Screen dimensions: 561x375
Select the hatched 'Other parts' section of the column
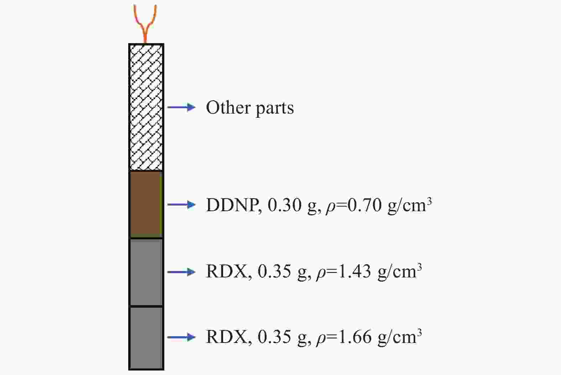[146, 108]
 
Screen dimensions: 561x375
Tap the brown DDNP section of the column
[146, 204]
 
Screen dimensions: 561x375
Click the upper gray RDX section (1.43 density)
[146, 272]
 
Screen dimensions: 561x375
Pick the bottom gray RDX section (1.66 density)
[146, 338]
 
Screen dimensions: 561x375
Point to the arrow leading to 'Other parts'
[181, 107]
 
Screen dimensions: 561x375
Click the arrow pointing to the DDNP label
[181, 204]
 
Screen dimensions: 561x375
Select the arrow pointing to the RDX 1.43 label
[181, 272]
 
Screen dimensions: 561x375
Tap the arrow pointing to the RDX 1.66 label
[181, 337]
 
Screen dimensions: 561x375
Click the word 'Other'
[228, 108]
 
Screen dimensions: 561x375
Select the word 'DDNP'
[233, 205]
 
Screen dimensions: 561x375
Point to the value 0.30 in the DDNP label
[285, 205]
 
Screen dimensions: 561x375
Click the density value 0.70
[365, 205]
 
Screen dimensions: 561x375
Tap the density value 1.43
[354, 272]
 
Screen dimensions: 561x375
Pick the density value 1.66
[354, 337]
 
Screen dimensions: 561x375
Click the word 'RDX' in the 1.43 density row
[227, 272]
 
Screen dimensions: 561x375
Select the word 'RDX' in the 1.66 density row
[227, 337]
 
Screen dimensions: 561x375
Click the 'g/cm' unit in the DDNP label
[407, 206]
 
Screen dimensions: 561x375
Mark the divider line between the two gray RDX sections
[146, 306]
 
